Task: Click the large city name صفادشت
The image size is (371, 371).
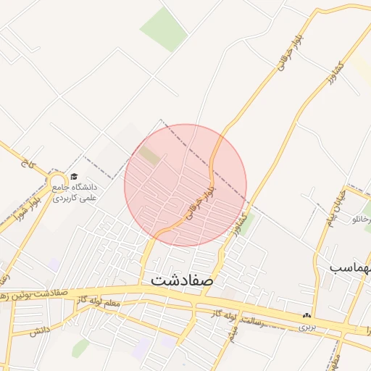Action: (x=182, y=279)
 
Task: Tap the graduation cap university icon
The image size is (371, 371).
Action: (x=74, y=176)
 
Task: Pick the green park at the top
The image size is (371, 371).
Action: (x=164, y=30)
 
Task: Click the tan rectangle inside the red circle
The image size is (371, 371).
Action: (x=150, y=154)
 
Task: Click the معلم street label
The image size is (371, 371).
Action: (x=111, y=303)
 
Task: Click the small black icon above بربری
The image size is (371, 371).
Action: (x=307, y=316)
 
